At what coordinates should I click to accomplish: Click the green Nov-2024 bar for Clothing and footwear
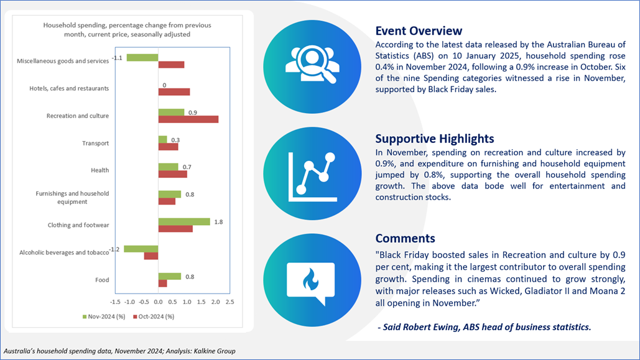pos(184,221)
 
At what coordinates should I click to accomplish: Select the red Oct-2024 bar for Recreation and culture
pos(188,119)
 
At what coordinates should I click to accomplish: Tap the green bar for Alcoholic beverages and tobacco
pos(141,249)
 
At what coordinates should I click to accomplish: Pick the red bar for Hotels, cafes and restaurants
pos(174,92)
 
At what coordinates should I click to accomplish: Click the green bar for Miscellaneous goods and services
pos(142,58)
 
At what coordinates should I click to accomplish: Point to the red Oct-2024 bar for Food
pos(162,284)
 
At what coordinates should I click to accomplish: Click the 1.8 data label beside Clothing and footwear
pos(218,222)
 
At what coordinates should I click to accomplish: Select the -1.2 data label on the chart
pos(114,249)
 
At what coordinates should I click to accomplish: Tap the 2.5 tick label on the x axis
pos(230,302)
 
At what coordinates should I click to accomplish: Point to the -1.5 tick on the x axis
pos(115,302)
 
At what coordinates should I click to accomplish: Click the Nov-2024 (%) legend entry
pos(104,316)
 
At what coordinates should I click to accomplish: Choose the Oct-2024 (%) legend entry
pos(154,316)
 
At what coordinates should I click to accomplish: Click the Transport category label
pos(96,143)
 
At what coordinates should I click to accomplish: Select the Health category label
pos(100,170)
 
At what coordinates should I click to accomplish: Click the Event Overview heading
pos(419,31)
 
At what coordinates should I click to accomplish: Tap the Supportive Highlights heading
pos(435,139)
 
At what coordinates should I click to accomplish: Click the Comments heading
pos(406,238)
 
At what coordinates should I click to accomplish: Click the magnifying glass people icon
pos(312,65)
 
